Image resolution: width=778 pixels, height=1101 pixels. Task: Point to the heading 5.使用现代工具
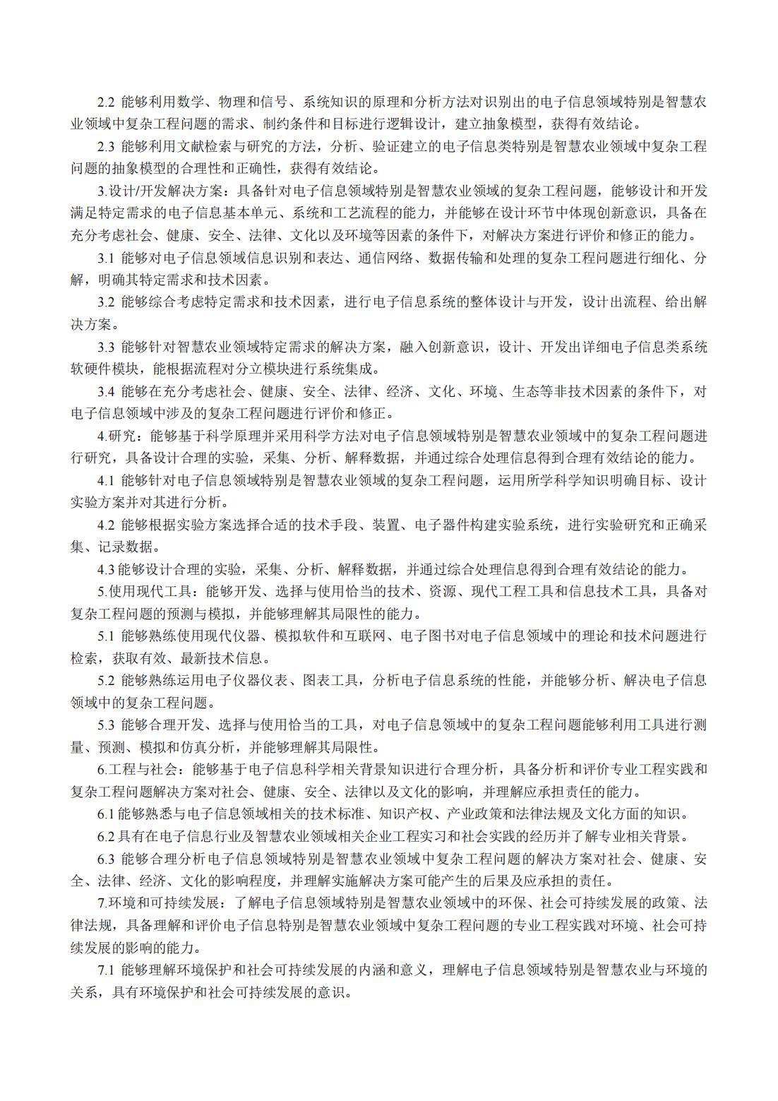click(x=145, y=591)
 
